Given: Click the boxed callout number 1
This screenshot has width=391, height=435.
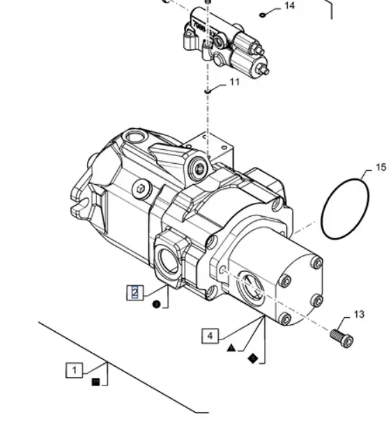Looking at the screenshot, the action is [74, 370].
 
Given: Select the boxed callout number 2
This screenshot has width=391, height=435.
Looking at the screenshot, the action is [135, 292].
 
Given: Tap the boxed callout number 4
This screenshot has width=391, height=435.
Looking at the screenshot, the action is [210, 336].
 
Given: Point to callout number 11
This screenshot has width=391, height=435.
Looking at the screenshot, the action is [235, 82].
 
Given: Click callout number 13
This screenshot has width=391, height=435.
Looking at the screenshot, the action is [359, 314].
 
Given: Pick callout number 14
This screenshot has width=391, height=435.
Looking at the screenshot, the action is [289, 6].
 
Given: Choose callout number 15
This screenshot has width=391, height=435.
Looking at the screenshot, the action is [381, 167].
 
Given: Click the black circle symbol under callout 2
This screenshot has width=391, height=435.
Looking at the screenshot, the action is [157, 305].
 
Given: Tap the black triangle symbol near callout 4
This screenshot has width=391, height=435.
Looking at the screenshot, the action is [231, 348].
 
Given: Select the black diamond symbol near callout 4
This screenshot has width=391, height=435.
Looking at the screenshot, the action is [253, 358].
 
